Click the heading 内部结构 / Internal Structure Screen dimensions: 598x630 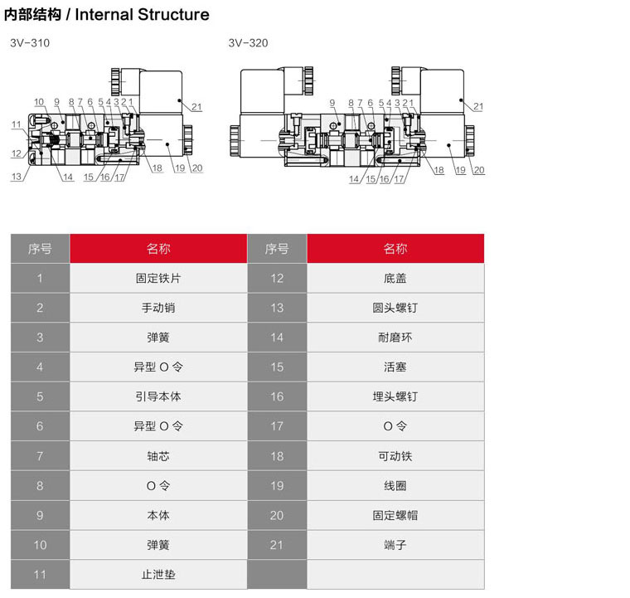click(107, 15)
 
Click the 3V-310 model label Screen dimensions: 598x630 click(30, 43)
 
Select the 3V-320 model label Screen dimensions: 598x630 click(248, 43)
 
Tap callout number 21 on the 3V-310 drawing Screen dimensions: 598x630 click(196, 106)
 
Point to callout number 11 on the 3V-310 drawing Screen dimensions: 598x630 click(17, 124)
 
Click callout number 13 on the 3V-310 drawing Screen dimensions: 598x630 click(17, 176)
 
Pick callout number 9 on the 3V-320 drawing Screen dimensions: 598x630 click(331, 103)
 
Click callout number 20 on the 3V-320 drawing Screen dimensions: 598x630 click(479, 170)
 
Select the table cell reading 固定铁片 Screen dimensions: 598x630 click(158, 278)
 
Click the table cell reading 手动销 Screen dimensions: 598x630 click(158, 308)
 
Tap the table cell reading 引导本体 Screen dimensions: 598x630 click(158, 396)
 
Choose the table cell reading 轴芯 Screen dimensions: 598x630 click(158, 456)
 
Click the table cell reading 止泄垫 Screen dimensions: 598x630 click(158, 574)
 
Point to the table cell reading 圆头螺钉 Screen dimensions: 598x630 click(395, 308)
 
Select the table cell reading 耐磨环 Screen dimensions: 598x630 click(395, 338)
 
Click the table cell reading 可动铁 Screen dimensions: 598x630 click(395, 456)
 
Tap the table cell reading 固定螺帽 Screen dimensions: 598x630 click(395, 515)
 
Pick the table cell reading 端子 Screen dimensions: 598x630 click(395, 545)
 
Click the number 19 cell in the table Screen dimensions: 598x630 click(277, 485)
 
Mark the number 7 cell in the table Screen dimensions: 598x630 click(40, 456)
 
